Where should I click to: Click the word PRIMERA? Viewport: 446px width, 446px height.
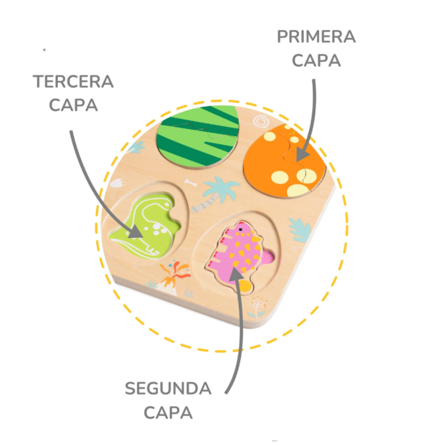pos(316,37)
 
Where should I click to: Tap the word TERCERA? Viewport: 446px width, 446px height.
pos(73,82)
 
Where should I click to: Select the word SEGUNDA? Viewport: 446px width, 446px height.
pos(168,389)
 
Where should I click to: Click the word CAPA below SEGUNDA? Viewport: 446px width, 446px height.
pos(168,412)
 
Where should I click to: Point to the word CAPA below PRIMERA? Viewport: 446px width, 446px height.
pos(316,61)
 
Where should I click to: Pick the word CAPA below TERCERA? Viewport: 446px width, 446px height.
pos(73,105)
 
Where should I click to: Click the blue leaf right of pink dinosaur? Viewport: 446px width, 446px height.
pos(301,229)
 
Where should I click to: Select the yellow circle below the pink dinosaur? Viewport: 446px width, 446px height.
pos(245,286)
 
